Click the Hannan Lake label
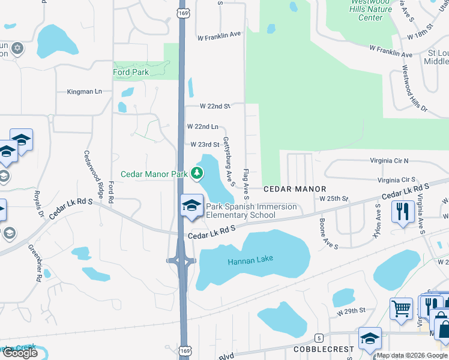(x=250, y=259)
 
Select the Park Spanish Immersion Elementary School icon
(x=192, y=205)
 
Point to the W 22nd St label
(x=214, y=106)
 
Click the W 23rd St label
(x=205, y=145)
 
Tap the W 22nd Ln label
(x=202, y=127)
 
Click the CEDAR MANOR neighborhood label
(x=294, y=188)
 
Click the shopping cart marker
(x=401, y=309)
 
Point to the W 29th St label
(x=351, y=312)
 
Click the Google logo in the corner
(x=20, y=353)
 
